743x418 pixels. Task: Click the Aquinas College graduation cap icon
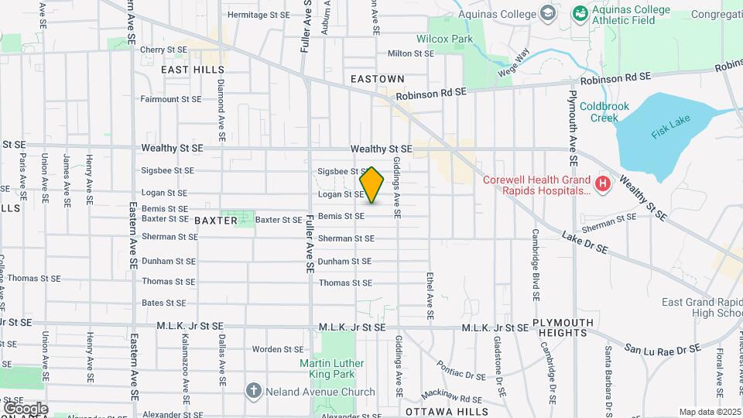tap(549, 14)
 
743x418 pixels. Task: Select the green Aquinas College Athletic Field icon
tap(579, 14)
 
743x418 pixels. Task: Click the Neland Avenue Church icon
tap(253, 390)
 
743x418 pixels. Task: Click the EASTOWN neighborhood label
tap(377, 79)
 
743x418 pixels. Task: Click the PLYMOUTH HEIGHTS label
tap(563, 327)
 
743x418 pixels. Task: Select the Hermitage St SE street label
tap(259, 15)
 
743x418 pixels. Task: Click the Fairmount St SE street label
tap(170, 99)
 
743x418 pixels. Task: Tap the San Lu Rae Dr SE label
tap(657, 350)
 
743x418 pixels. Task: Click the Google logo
tap(25, 407)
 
